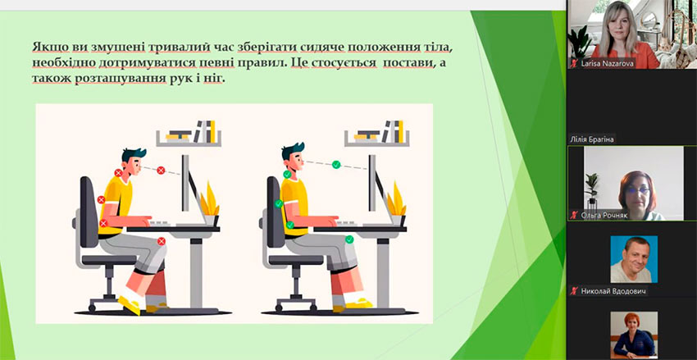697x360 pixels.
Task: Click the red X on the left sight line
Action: (x=161, y=170)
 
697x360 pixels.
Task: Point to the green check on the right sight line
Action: (x=336, y=165)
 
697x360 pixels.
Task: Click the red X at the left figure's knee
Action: (x=162, y=241)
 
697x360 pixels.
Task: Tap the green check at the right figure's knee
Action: (x=350, y=239)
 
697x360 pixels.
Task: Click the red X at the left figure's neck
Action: (x=118, y=172)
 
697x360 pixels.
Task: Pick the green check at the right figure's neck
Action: (x=287, y=174)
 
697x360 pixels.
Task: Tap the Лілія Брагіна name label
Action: (x=592, y=139)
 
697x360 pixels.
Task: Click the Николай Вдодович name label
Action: (x=613, y=292)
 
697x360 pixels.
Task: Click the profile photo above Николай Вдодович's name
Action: (x=633, y=259)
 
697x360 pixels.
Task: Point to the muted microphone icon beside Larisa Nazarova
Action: (x=574, y=64)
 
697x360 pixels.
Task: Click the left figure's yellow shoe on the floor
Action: (x=130, y=306)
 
